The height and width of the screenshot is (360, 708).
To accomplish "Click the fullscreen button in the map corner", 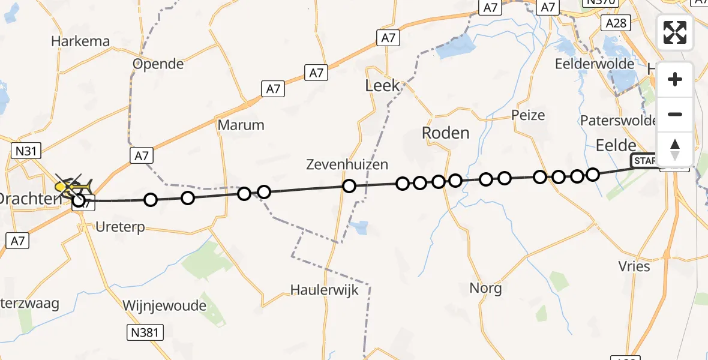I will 675,32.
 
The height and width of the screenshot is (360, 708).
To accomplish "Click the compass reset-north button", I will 675,149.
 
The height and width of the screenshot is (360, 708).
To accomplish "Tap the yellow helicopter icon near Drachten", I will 72,185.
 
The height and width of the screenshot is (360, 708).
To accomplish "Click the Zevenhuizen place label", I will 347,164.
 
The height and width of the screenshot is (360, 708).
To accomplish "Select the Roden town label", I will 445,133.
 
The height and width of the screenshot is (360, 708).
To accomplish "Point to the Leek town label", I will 382,86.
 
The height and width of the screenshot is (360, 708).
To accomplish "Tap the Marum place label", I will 241,125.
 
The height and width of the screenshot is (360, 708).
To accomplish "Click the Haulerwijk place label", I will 324,290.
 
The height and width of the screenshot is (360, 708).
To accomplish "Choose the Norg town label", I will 486,288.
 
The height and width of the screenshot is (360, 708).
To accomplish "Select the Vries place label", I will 634,266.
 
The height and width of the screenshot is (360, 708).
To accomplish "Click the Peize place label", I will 528,115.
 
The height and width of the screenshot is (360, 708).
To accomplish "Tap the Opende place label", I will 158,64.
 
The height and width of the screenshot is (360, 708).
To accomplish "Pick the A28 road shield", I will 616,23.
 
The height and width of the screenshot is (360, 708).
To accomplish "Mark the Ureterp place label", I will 121,228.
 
